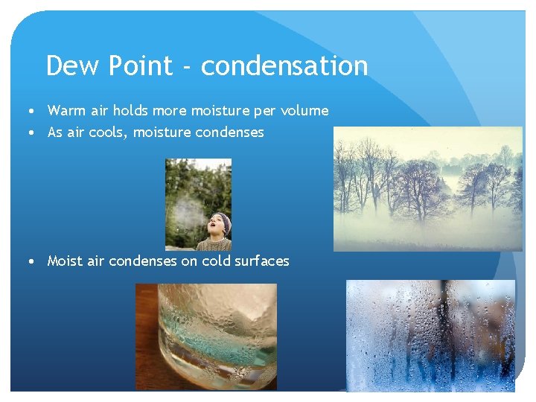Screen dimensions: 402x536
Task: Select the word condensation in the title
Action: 284,66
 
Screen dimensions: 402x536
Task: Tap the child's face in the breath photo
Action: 216,224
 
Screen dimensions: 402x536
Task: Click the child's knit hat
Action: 220,217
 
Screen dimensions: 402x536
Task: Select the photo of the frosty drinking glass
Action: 205,336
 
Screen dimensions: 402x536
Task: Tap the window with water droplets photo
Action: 430,335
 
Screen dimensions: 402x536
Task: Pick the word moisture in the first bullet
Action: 221,111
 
